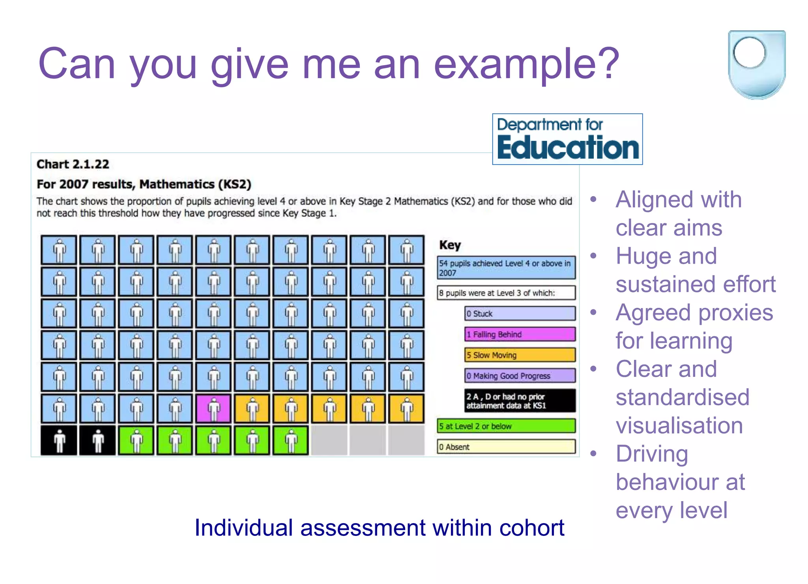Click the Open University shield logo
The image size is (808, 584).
(756, 64)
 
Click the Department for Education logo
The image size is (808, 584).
(567, 139)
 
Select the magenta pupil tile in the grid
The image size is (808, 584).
(213, 408)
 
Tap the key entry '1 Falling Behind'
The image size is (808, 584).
(520, 334)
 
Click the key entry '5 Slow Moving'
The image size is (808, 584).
(520, 355)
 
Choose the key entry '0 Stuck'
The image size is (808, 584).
(520, 314)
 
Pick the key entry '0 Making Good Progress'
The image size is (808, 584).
(520, 376)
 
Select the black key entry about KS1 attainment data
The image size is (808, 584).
(520, 401)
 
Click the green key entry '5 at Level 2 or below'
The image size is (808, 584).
(506, 426)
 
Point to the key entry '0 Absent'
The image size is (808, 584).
(506, 447)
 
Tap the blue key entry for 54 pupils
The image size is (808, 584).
(506, 268)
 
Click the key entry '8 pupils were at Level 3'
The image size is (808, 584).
(506, 293)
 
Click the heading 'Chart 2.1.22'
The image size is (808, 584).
(73, 164)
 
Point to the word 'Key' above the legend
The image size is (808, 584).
(450, 245)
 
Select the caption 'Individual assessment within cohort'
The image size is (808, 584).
(379, 528)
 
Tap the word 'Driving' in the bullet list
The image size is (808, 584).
(652, 454)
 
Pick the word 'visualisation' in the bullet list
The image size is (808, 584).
(679, 425)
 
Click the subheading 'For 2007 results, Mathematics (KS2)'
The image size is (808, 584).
(144, 184)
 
